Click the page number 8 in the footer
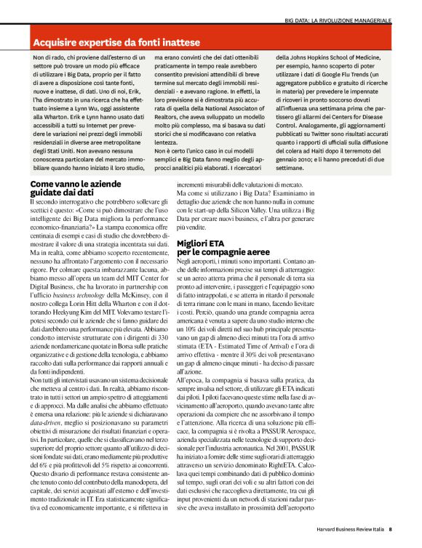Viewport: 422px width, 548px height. point(391,530)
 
